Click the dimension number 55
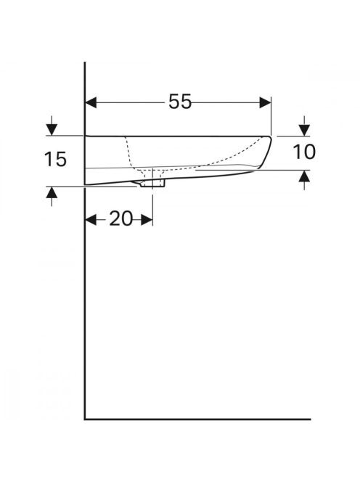coord(180,102)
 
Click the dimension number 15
coord(55,159)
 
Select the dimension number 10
coord(304,152)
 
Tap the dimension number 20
coord(121,219)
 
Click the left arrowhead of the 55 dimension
coord(91,102)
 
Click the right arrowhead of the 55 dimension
coord(266,102)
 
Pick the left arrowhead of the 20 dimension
coord(91,220)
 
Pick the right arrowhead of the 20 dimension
coord(147,220)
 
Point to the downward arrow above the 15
coord(52,126)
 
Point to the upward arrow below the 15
coord(52,197)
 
